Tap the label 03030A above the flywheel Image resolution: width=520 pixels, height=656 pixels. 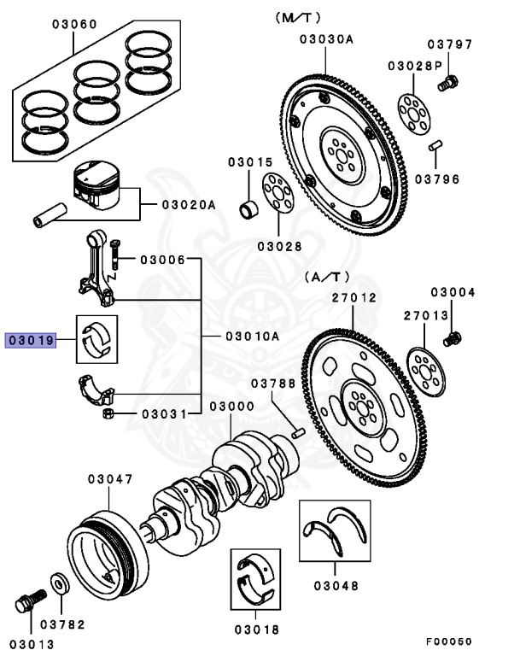(326, 38)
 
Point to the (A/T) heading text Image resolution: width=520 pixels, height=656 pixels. (326, 278)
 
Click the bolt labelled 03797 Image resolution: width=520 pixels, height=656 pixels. (447, 84)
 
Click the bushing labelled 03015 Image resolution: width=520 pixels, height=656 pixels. (249, 208)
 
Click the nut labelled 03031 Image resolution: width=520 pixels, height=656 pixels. (109, 414)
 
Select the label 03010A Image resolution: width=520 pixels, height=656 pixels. (253, 336)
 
